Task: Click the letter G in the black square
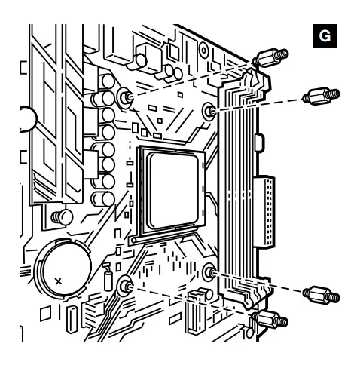(x=325, y=36)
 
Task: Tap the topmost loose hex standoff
(x=270, y=57)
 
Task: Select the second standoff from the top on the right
(x=321, y=96)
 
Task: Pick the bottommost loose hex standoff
(x=270, y=320)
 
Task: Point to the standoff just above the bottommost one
(x=321, y=295)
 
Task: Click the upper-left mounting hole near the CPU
(x=125, y=97)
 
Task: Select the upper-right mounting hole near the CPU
(x=209, y=111)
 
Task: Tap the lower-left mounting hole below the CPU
(x=125, y=287)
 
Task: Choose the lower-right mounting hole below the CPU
(x=209, y=272)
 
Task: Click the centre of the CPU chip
(x=174, y=190)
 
